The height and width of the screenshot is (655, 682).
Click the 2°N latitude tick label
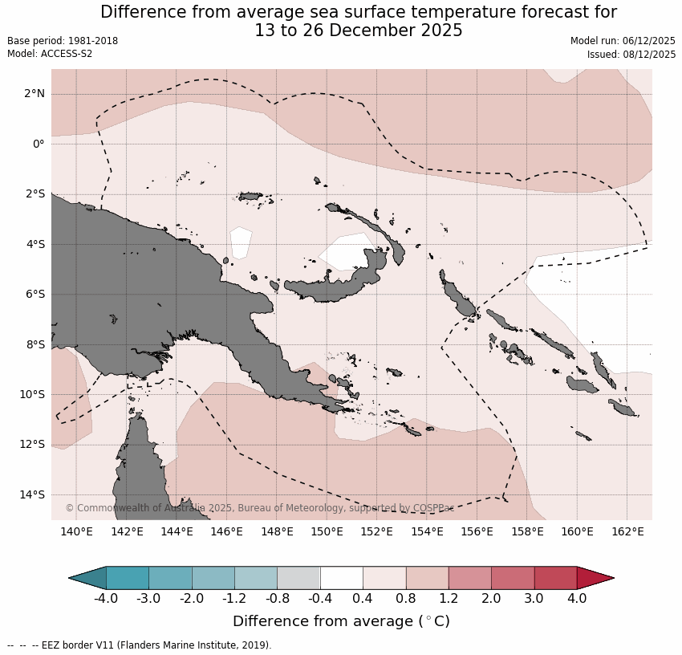[x=35, y=94]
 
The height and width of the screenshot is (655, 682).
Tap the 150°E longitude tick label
[x=327, y=531]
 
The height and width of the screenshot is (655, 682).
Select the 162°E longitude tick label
[x=627, y=531]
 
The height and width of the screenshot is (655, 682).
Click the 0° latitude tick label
[x=39, y=144]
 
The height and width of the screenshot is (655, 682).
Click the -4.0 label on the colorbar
[x=106, y=598]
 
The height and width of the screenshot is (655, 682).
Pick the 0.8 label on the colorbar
[x=405, y=598]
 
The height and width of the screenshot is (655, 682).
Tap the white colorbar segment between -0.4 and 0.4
[x=341, y=578]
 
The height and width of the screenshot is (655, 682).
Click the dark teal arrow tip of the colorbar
[x=87, y=578]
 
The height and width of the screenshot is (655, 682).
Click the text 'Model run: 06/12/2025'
[x=623, y=41]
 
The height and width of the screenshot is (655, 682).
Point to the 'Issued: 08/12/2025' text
[x=631, y=55]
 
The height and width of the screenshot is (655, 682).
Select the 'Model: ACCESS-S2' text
[x=50, y=55]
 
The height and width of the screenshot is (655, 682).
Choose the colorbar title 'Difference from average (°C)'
[x=341, y=622]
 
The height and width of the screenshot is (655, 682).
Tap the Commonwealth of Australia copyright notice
[x=259, y=508]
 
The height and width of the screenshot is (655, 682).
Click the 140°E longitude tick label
[x=76, y=531]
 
